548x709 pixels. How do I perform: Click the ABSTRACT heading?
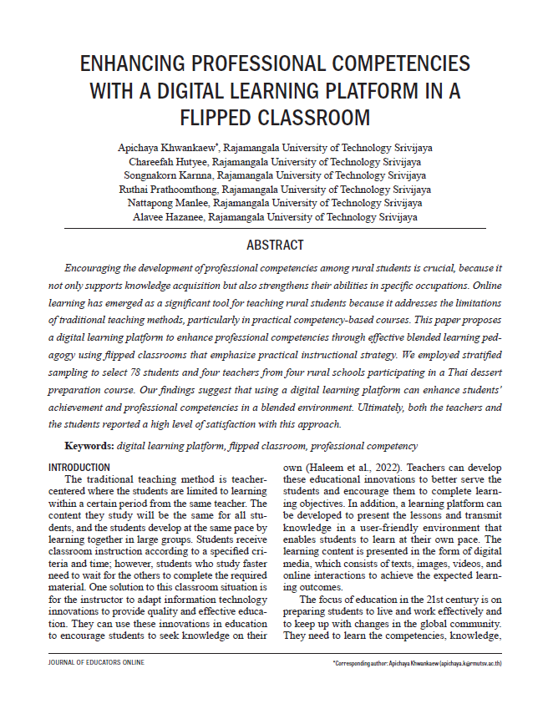tap(275, 246)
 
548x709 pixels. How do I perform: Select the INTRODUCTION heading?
tap(79, 467)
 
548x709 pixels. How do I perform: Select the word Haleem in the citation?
tap(323, 468)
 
